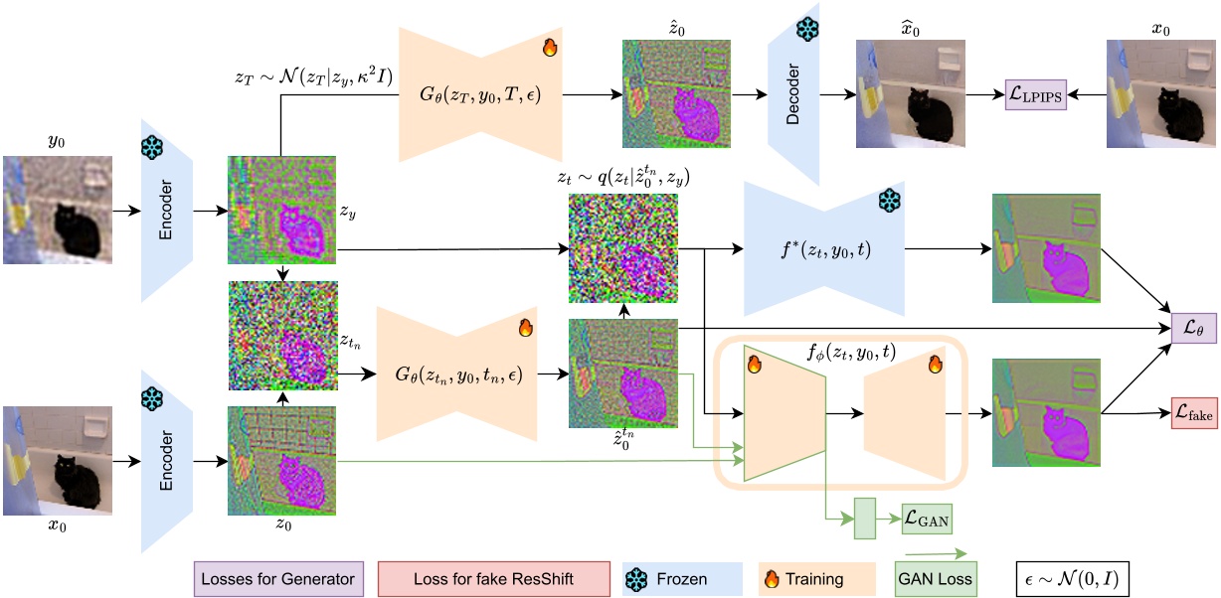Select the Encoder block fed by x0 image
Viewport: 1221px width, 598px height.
(x=166, y=463)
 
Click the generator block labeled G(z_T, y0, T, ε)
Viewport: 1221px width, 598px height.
(x=481, y=95)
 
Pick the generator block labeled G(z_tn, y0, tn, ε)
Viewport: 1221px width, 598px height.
(x=458, y=374)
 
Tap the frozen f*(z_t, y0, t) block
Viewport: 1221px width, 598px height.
(x=823, y=250)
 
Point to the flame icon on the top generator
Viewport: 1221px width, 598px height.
(x=549, y=47)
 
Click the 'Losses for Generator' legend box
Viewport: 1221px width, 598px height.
(x=277, y=578)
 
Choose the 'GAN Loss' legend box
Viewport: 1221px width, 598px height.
(x=936, y=579)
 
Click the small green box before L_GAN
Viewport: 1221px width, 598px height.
(x=868, y=518)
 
